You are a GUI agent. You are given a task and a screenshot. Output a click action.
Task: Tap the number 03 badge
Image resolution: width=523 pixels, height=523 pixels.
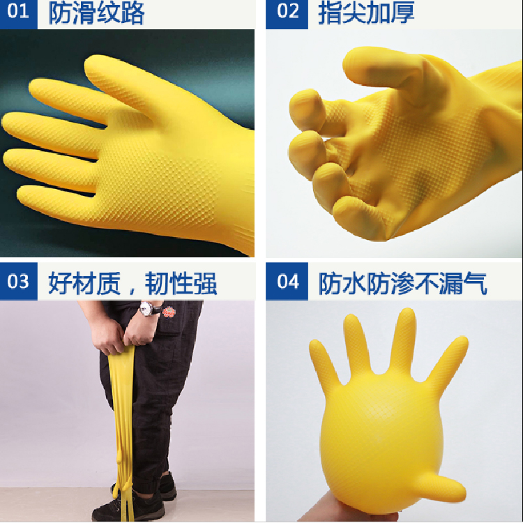point(18,281)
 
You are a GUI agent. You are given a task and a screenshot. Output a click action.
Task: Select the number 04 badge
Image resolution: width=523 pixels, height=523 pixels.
point(287,281)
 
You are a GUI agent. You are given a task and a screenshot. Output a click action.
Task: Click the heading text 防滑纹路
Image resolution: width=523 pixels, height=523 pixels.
point(96,13)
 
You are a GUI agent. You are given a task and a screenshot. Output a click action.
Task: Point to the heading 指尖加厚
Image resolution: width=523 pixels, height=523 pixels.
point(366,13)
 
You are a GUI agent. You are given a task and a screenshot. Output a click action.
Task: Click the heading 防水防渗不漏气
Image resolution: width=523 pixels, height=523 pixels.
point(402,284)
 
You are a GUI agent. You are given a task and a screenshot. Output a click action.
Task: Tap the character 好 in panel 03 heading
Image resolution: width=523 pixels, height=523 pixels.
point(61,284)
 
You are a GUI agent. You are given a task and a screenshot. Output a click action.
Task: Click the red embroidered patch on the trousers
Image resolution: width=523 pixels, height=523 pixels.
point(169,312)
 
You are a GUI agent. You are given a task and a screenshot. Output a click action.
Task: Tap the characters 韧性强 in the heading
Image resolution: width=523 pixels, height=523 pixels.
point(181,284)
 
